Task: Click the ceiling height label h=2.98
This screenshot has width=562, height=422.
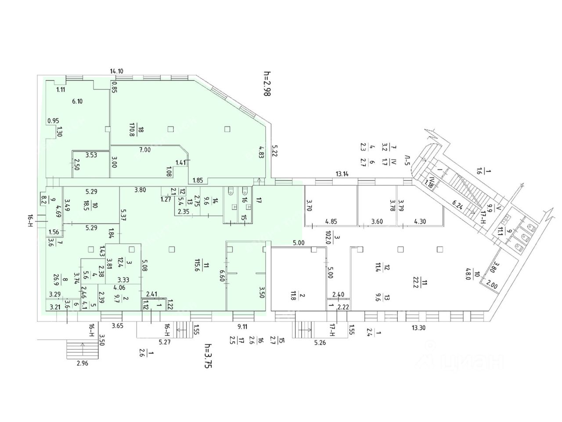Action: click(x=265, y=83)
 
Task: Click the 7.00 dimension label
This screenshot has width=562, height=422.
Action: click(x=145, y=150)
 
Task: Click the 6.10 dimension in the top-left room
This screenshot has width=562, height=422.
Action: click(x=77, y=101)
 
